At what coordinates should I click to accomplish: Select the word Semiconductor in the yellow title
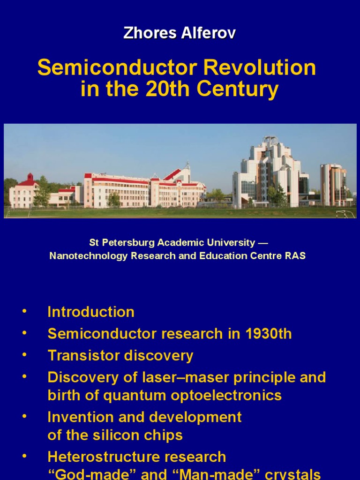(118, 68)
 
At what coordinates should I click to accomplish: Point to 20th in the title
(164, 90)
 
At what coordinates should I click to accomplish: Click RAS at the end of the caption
(295, 256)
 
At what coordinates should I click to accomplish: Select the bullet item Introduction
(91, 312)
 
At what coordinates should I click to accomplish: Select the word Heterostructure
(104, 457)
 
